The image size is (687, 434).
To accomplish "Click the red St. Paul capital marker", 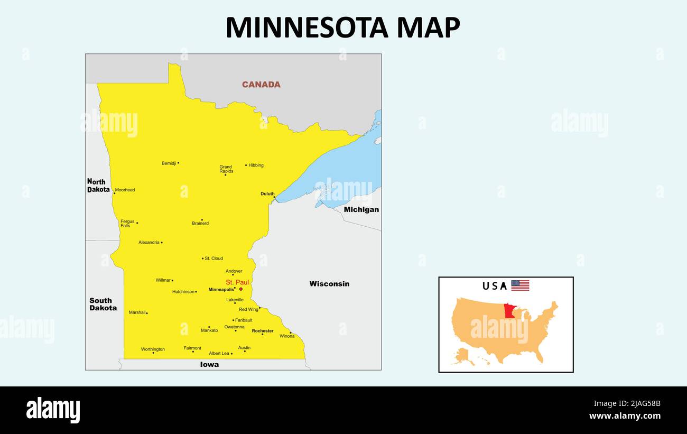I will click(241, 289).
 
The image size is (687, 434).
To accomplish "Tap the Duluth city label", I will click(267, 194).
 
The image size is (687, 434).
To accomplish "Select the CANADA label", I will click(261, 85).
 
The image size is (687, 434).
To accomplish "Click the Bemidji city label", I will click(169, 163).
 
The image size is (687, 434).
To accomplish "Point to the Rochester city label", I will click(263, 331).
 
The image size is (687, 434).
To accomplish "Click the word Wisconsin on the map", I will click(329, 284).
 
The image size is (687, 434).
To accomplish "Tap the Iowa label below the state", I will click(209, 365).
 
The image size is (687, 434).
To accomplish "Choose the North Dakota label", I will click(99, 186).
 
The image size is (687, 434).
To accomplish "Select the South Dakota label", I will click(103, 304).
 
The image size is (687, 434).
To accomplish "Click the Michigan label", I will click(361, 209).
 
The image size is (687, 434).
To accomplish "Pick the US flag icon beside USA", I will click(519, 285).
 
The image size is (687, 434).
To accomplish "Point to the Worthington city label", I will click(153, 349).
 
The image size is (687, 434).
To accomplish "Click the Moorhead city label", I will click(125, 190).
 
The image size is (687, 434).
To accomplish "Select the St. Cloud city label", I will click(213, 258).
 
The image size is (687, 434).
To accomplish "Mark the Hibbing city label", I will click(256, 165).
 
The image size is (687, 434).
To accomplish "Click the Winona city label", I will click(287, 336).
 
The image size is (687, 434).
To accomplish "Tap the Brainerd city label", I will click(200, 224).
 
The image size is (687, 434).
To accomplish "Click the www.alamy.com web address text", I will click(625, 415).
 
